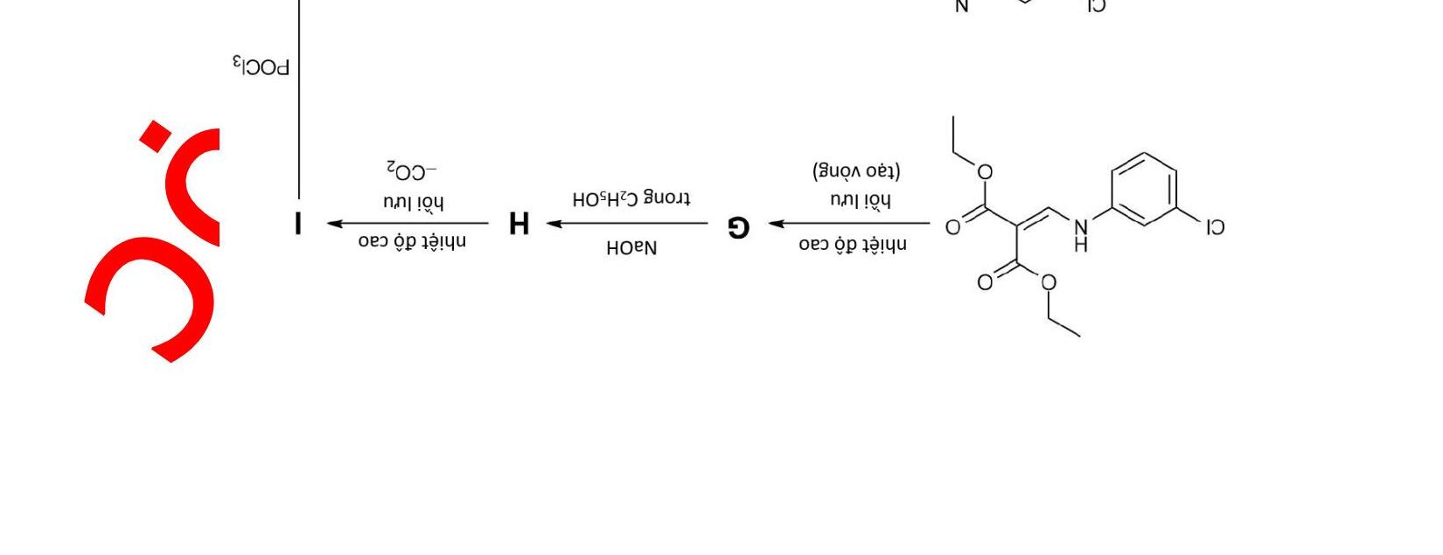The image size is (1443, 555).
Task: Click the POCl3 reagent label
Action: pyautogui.click(x=261, y=66)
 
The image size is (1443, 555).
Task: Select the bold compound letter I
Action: pyautogui.click(x=299, y=224)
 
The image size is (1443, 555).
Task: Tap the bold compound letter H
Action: pyautogui.click(x=519, y=224)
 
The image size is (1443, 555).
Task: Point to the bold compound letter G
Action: pyautogui.click(x=739, y=227)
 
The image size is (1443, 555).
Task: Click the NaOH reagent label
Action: pyautogui.click(x=631, y=248)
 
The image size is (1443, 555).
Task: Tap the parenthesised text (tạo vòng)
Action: pyautogui.click(x=856, y=170)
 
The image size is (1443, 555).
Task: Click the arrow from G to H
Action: pyautogui.click(x=628, y=224)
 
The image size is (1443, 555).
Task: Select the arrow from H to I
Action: pyautogui.click(x=408, y=224)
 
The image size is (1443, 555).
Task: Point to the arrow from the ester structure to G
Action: pyautogui.click(x=849, y=224)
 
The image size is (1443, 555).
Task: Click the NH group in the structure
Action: pyautogui.click(x=1081, y=234)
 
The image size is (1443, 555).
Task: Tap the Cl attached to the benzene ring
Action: pyautogui.click(x=1214, y=228)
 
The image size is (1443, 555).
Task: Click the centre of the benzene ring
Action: pyautogui.click(x=1144, y=189)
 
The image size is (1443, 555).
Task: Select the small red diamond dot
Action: pyautogui.click(x=155, y=136)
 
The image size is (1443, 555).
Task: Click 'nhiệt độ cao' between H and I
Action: pyautogui.click(x=412, y=242)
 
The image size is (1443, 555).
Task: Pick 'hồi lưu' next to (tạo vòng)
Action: pyautogui.click(x=861, y=201)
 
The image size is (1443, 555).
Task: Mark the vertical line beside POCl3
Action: pyautogui.click(x=299, y=96)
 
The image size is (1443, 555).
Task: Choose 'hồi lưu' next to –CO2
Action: pyautogui.click(x=413, y=203)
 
